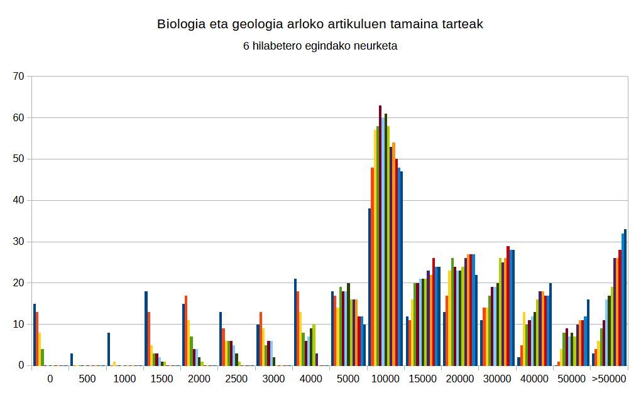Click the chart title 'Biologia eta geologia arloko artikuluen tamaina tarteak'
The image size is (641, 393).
[x=320, y=24]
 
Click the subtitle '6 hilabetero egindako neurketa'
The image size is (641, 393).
[x=320, y=46]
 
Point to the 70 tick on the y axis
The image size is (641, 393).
[x=18, y=77]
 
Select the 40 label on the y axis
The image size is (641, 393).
[x=18, y=200]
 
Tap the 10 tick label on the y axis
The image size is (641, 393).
[x=18, y=325]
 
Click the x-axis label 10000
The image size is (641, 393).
[x=385, y=379]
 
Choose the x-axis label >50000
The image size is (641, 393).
[x=609, y=379]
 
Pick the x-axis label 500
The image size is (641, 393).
[x=87, y=379]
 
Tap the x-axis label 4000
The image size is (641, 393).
[x=311, y=379]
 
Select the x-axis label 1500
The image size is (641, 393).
[x=162, y=379]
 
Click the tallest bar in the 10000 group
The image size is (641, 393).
[x=380, y=235]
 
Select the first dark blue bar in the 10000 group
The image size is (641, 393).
[x=370, y=287]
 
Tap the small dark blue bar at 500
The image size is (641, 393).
[x=72, y=360]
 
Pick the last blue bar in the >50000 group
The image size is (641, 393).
[x=625, y=298]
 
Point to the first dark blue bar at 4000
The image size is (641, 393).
[x=295, y=322]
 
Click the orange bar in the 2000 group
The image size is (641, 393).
[x=187, y=330]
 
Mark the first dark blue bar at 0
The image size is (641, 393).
[x=35, y=335]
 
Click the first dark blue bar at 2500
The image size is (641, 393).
[x=221, y=339]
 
